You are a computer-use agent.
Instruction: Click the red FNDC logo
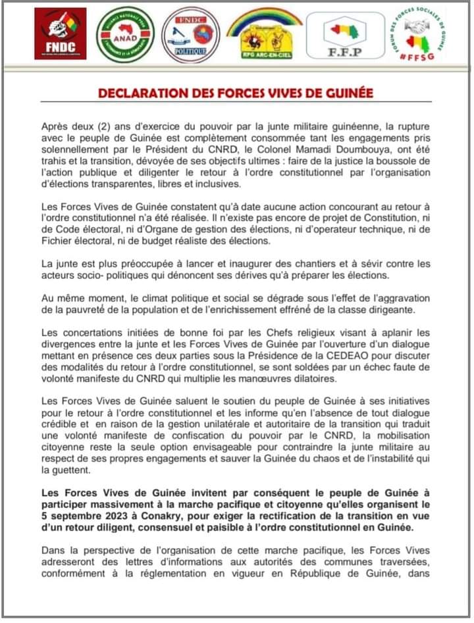(x=60, y=34)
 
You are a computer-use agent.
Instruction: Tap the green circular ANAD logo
(x=126, y=35)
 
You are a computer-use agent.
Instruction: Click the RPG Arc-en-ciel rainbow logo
(x=264, y=32)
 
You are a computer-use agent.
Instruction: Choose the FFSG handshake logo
(x=417, y=34)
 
